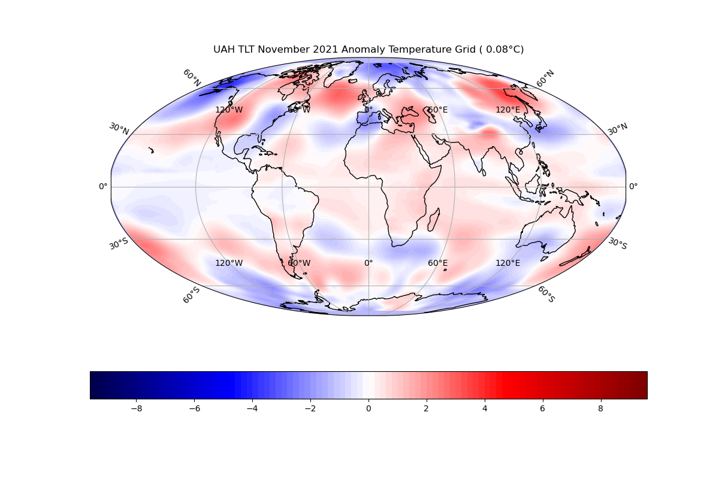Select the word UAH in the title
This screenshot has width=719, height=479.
tap(223, 50)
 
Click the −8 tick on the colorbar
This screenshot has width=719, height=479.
tap(136, 408)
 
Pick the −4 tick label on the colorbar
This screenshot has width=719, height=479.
tap(252, 408)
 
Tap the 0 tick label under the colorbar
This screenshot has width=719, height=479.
tap(368, 408)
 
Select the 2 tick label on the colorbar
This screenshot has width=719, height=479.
tap(427, 408)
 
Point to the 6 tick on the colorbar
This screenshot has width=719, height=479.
tap(543, 408)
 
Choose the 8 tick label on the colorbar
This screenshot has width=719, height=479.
tap(600, 408)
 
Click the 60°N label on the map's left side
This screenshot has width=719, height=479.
tap(192, 78)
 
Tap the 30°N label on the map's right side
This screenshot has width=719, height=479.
tap(618, 128)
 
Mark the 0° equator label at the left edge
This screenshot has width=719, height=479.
tap(103, 187)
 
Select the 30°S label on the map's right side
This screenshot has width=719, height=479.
tap(618, 243)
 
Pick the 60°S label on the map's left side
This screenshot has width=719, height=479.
tap(191, 295)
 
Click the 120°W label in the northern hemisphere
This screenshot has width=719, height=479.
tap(229, 110)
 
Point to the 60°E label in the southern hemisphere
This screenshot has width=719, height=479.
tap(437, 263)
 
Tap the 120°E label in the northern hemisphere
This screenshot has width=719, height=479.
tap(507, 110)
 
